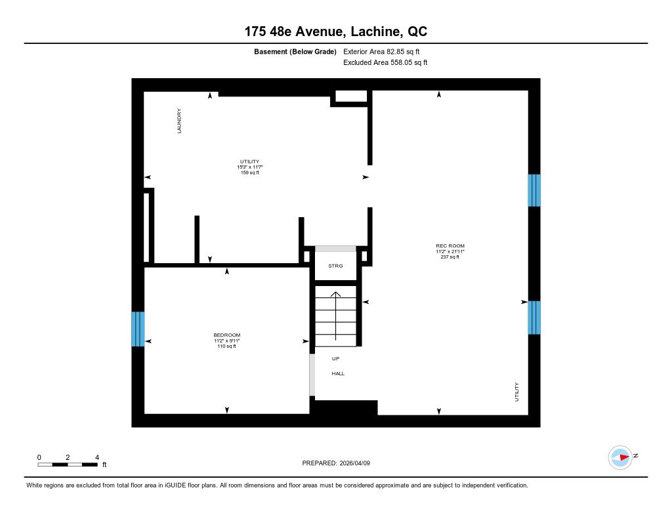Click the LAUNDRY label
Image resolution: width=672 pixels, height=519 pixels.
pos(179,121)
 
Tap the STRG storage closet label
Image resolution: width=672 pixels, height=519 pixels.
pos(335,266)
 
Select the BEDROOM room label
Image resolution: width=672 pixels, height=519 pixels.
pos(226,335)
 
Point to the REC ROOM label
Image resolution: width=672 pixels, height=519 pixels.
pos(450,246)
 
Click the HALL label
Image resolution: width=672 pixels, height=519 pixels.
pos(338,374)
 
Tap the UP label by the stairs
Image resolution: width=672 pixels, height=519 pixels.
pos(335,359)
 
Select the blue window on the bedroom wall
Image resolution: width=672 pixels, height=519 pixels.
pos(138,329)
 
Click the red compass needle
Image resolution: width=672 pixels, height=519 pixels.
pos(625,457)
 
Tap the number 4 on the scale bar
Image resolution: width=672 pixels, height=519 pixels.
pos(97,457)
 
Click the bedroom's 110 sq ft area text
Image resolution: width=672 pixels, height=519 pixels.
pos(226,346)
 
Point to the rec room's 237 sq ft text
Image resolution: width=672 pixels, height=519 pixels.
pos(450,257)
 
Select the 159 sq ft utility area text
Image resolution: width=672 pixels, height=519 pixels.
pos(250,173)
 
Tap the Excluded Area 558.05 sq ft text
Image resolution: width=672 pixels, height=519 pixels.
pos(385,62)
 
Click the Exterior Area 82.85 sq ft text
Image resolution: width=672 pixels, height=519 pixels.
pos(381,52)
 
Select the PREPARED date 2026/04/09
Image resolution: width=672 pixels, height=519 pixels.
pos(355,463)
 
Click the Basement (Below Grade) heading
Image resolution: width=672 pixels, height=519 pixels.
pos(295,52)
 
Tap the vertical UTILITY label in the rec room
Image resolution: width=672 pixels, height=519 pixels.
pos(516,392)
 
